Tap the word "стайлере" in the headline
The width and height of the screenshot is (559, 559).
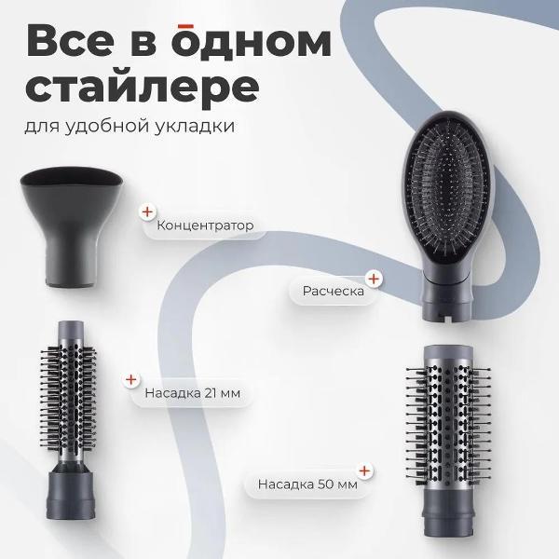click(142, 87)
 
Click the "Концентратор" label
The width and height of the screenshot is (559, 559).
click(205, 225)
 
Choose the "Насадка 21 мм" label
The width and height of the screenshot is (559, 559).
click(192, 393)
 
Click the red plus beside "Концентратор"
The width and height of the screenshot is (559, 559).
click(146, 211)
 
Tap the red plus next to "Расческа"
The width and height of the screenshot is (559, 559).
click(373, 278)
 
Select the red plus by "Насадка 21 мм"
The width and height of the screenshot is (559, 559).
click(131, 379)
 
